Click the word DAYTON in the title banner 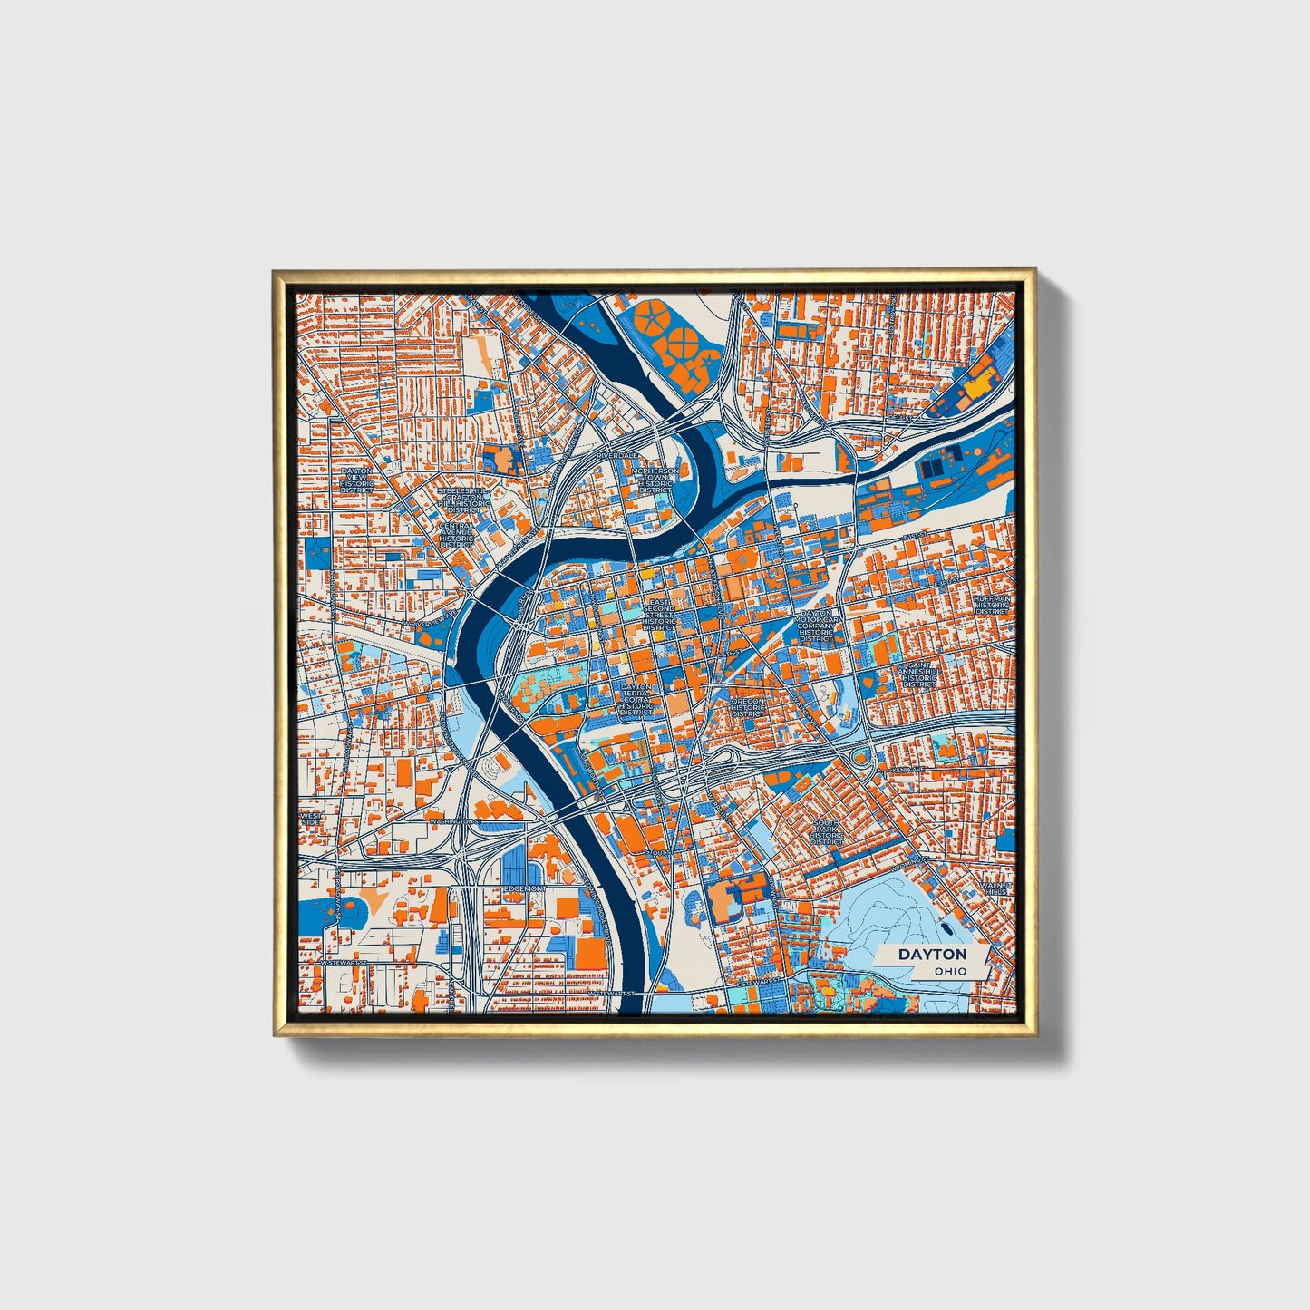[x=932, y=955]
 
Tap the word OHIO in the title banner [x=951, y=972]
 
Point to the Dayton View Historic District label [x=356, y=478]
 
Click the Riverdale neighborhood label [x=617, y=454]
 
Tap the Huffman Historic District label [x=991, y=605]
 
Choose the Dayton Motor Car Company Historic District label [x=816, y=626]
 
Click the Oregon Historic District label [x=749, y=707]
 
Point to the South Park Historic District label [x=827, y=830]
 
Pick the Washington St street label [x=454, y=821]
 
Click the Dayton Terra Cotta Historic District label [x=636, y=700]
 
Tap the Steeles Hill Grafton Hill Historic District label [x=461, y=500]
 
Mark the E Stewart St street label [x=760, y=981]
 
